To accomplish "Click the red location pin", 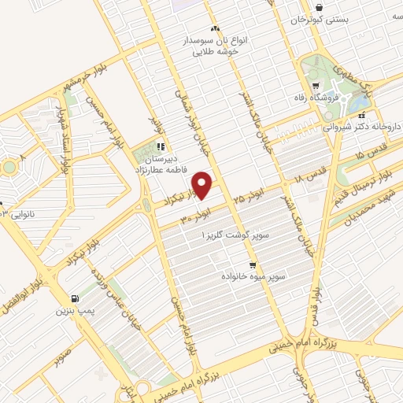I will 203,184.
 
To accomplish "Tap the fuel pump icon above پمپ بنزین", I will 74,298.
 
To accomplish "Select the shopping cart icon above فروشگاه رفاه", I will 316,86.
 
